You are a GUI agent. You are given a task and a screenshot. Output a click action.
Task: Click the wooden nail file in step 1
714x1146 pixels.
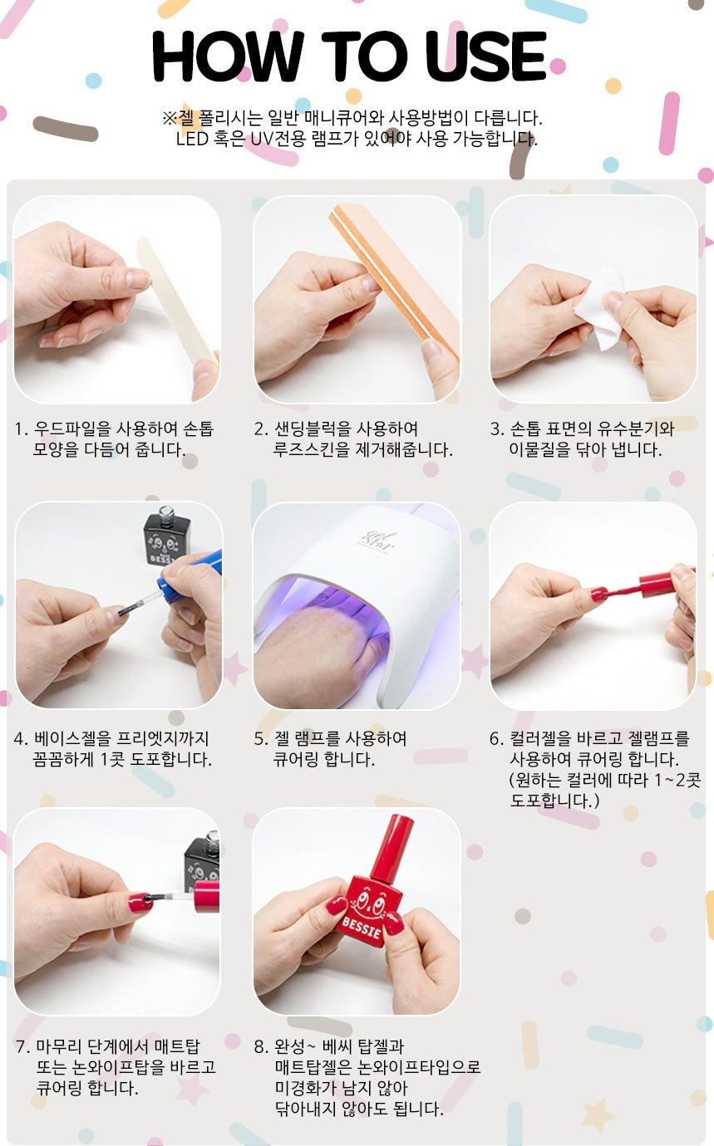point(177,301)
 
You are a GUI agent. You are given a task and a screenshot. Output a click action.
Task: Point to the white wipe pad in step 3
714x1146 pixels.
point(599,309)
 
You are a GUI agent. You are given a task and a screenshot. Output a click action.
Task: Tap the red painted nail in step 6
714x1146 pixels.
point(598,594)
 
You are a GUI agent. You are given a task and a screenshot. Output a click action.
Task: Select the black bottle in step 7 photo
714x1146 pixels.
point(202,859)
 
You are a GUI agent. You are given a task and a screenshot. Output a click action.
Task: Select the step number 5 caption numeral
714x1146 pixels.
point(259,739)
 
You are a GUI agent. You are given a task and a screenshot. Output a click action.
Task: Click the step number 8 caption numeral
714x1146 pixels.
point(259,1046)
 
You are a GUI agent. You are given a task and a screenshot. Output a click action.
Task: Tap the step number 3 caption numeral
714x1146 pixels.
point(495,429)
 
